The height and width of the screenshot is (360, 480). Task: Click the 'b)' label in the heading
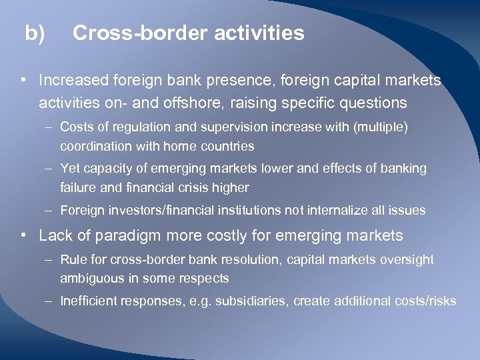point(35,33)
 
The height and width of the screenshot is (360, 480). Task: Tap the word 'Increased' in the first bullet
point(73,81)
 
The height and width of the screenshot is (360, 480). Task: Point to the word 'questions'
point(373,103)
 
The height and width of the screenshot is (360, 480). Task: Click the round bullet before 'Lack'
point(23,235)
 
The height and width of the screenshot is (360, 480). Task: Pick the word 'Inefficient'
point(88,301)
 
